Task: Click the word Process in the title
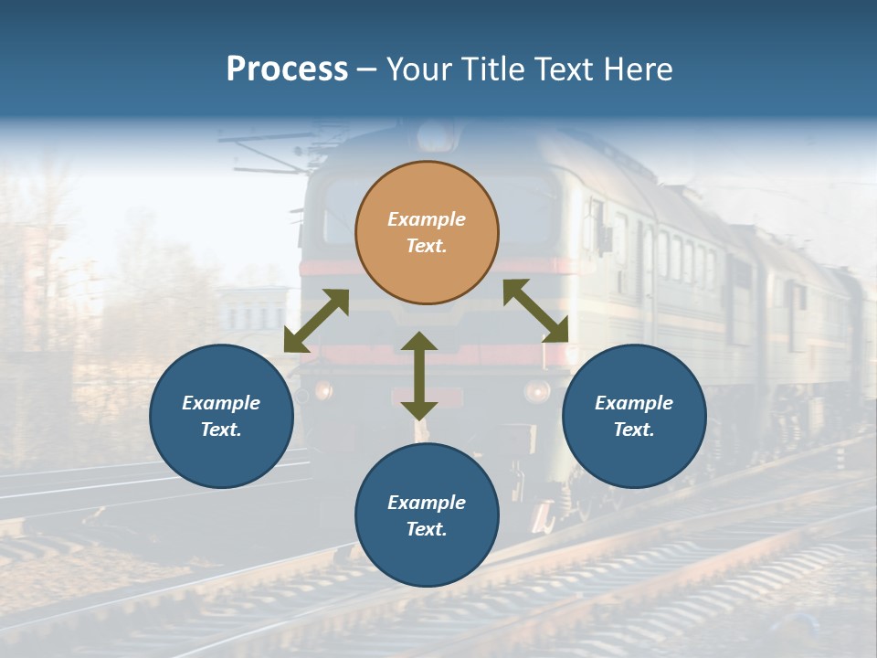click(287, 69)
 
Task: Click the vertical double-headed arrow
click(419, 376)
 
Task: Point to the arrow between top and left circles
click(317, 321)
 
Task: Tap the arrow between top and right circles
click(536, 311)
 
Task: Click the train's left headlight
click(322, 391)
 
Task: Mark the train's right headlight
click(536, 391)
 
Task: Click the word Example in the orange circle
click(427, 219)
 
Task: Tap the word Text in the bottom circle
click(427, 529)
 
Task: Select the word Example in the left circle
click(221, 403)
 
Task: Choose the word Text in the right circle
click(634, 430)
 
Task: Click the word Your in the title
click(417, 69)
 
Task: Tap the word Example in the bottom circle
click(427, 503)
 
